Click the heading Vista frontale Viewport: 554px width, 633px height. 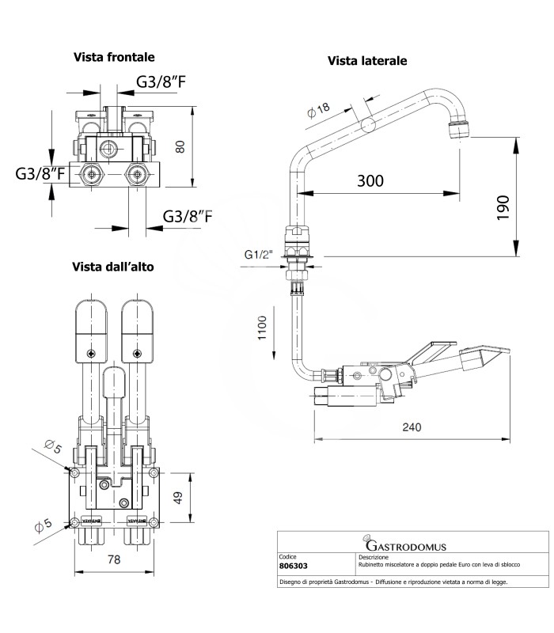tap(114, 57)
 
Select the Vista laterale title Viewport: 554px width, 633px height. tap(367, 60)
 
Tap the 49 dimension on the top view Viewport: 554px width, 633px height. tap(179, 498)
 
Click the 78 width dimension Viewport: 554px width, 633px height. tap(114, 559)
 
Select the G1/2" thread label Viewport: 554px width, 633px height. tap(258, 255)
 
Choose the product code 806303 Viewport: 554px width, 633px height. tap(296, 567)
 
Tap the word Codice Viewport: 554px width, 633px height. tap(290, 557)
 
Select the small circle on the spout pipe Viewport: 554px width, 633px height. tap(367, 125)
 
